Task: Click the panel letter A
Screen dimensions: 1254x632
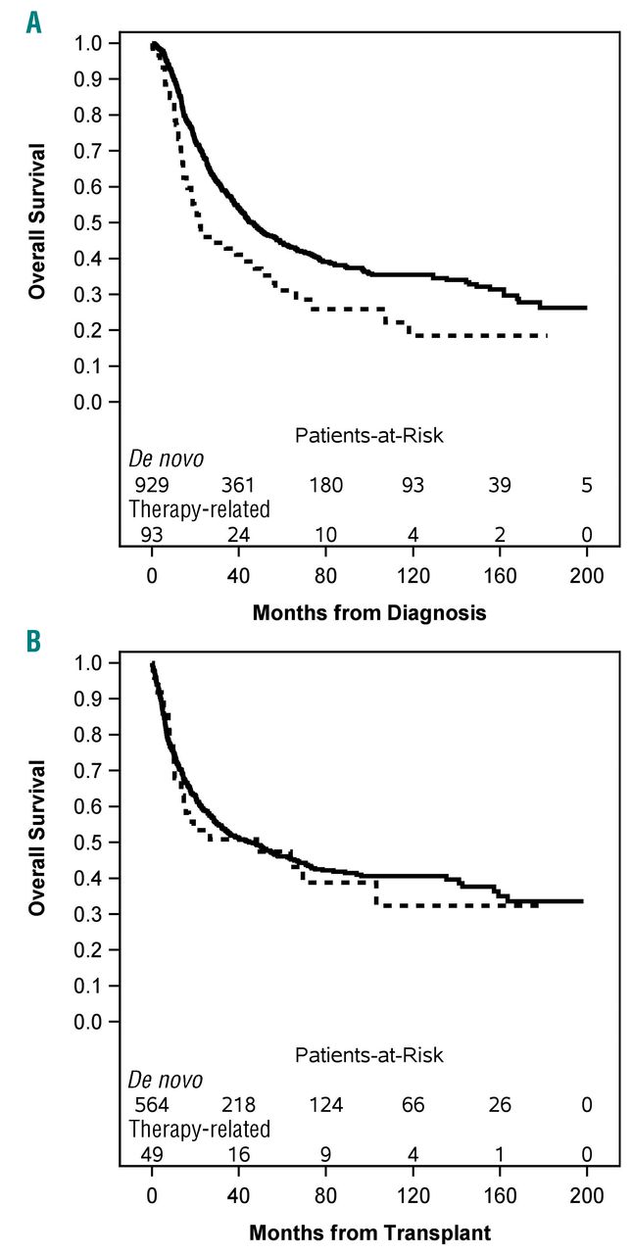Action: click(x=34, y=22)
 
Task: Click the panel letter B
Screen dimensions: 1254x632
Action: click(x=34, y=642)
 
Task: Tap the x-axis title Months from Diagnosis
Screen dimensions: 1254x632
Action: click(x=369, y=613)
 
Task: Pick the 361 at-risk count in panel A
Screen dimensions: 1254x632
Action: click(x=239, y=485)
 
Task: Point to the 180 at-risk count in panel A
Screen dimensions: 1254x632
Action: click(x=326, y=485)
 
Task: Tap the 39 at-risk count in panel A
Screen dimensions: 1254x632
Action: click(x=500, y=485)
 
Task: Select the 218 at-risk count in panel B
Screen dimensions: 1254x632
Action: click(x=239, y=1104)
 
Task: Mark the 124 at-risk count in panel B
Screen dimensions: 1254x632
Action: click(x=326, y=1104)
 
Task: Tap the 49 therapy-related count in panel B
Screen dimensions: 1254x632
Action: click(x=153, y=1155)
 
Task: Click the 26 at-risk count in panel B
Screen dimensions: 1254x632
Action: click(x=500, y=1104)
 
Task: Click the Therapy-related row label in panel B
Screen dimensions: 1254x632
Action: click(x=200, y=1130)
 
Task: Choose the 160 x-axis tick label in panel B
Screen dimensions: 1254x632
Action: click(x=500, y=1197)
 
